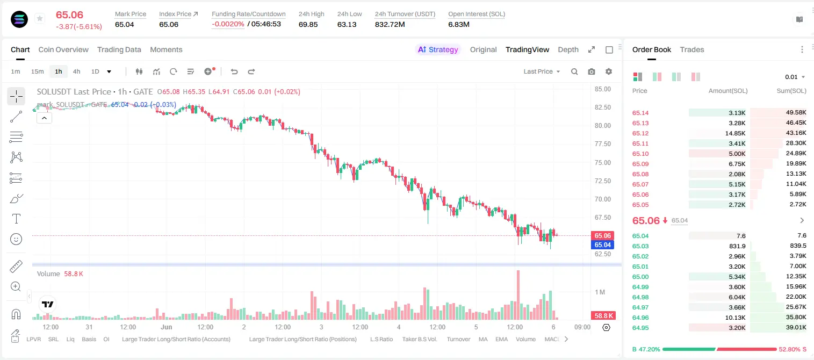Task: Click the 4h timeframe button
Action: (76, 71)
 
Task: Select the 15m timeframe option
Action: (37, 71)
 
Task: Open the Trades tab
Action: (692, 49)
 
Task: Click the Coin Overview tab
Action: (63, 49)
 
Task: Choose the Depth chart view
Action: (568, 49)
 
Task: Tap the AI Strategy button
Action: (438, 49)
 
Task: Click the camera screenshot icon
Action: (592, 71)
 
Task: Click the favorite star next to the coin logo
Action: (40, 18)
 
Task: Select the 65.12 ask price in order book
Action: (640, 133)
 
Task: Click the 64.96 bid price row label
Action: (640, 318)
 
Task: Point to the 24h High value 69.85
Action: (308, 24)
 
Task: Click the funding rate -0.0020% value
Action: (228, 24)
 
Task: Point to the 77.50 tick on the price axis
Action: (602, 144)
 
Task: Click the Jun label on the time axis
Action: (166, 327)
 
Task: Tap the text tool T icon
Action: (16, 219)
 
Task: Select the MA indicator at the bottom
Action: (483, 339)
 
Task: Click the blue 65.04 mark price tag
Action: (602, 245)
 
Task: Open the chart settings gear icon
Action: (609, 71)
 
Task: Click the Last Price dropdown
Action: (542, 71)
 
